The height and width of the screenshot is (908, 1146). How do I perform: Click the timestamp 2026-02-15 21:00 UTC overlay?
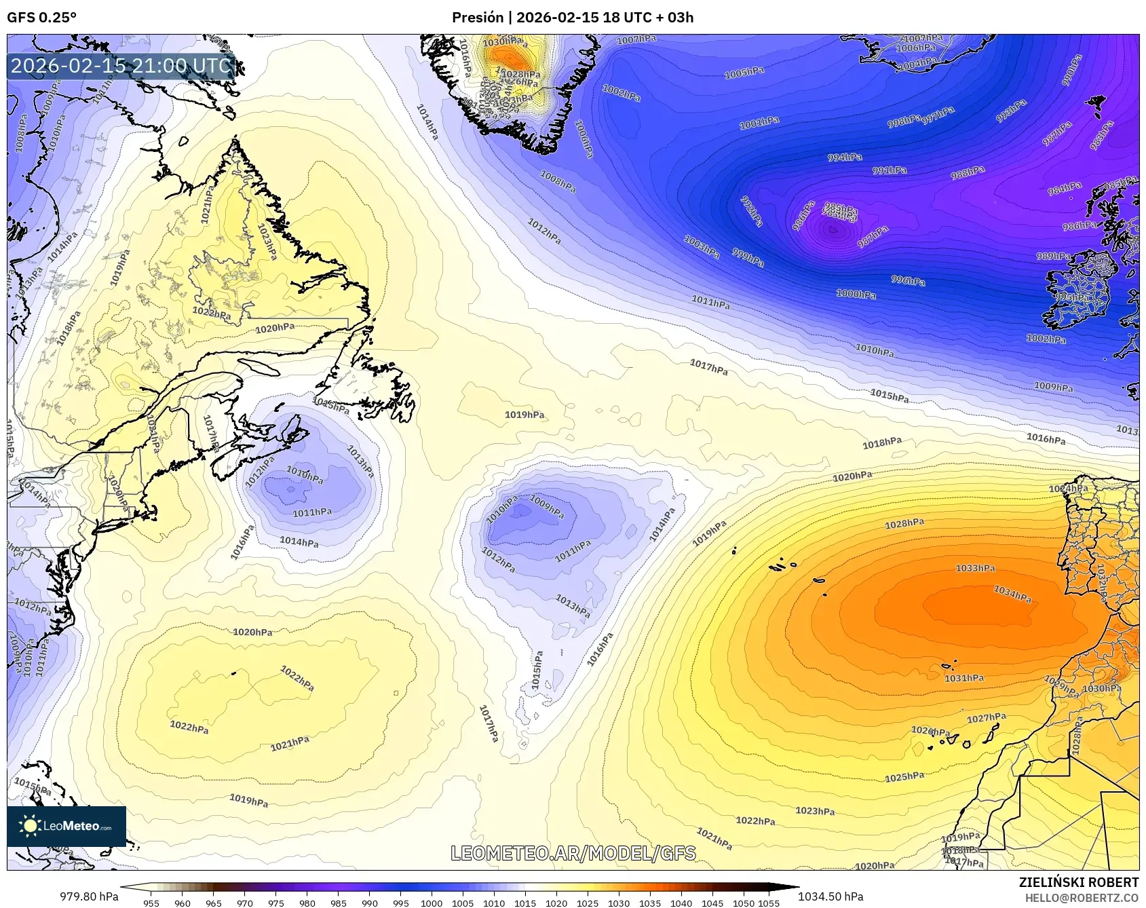point(121,67)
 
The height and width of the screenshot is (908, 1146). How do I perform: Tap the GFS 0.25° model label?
point(42,18)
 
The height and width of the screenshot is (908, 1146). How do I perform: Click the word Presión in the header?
point(478,18)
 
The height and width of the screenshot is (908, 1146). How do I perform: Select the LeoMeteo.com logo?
point(66,826)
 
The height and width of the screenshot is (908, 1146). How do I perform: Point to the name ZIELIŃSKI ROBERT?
point(1079,882)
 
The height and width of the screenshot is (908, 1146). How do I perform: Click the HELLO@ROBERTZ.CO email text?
point(1082,898)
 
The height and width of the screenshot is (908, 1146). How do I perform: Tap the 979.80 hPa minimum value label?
point(90,896)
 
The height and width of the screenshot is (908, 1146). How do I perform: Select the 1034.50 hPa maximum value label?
point(830,896)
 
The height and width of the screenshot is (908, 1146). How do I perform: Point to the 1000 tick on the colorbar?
point(432,903)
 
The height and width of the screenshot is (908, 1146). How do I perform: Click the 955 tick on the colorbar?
point(151,903)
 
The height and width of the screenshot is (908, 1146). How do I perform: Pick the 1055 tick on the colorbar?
point(769,903)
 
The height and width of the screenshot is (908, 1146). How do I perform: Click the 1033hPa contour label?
point(975,568)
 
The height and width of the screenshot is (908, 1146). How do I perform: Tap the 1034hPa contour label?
point(1012,594)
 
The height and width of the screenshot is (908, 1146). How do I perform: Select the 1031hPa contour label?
point(964,678)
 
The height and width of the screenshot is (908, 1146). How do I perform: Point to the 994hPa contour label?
point(845,157)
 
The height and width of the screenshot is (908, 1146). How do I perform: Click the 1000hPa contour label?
point(856,295)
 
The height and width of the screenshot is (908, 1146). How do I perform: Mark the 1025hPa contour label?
point(904,777)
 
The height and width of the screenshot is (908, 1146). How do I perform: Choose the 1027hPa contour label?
point(987,718)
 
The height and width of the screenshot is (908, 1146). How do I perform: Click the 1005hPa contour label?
point(744,73)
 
